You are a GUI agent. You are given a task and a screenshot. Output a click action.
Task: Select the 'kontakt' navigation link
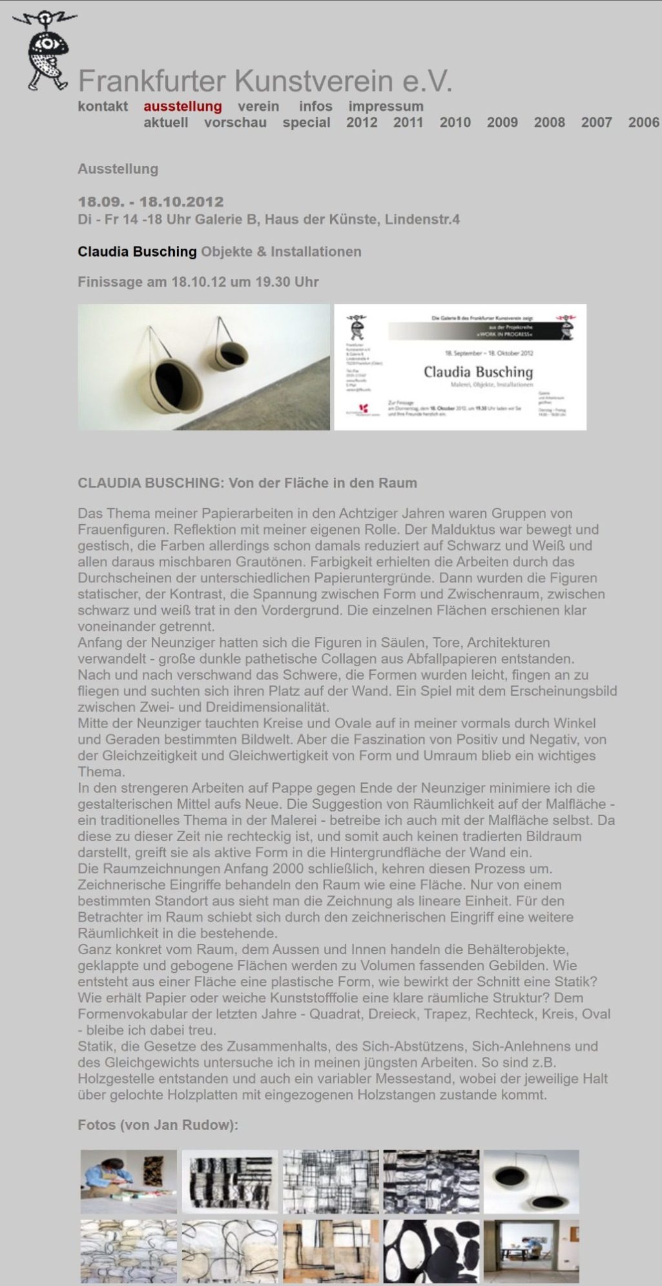pyautogui.click(x=103, y=107)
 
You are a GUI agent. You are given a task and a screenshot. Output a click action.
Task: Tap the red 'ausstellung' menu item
pyautogui.click(x=183, y=107)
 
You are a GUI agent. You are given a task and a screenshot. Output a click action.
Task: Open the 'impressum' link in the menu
pyautogui.click(x=386, y=107)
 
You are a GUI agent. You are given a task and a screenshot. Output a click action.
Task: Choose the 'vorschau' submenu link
pyautogui.click(x=235, y=123)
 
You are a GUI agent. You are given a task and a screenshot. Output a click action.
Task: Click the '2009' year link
pyautogui.click(x=502, y=123)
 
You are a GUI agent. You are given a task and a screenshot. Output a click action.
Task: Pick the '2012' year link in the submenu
pyautogui.click(x=362, y=123)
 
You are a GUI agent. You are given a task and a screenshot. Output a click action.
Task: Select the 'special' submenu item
pyautogui.click(x=306, y=123)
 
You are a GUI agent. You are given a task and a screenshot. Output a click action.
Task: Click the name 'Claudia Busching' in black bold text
pyautogui.click(x=137, y=252)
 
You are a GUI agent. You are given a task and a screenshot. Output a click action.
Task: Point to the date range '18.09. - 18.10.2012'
pyautogui.click(x=150, y=201)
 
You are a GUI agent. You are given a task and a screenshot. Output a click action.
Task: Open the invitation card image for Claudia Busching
pyautogui.click(x=460, y=367)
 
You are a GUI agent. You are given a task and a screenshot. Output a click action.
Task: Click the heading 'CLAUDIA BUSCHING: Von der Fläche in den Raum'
pyautogui.click(x=247, y=483)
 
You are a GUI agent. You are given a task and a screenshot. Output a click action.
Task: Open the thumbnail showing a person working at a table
pyautogui.click(x=129, y=1181)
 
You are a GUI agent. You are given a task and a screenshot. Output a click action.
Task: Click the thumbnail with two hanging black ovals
pyautogui.click(x=531, y=1181)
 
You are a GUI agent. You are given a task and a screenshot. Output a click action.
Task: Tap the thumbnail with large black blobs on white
pyautogui.click(x=431, y=1250)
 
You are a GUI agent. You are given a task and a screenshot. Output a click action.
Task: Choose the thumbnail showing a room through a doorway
pyautogui.click(x=531, y=1250)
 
